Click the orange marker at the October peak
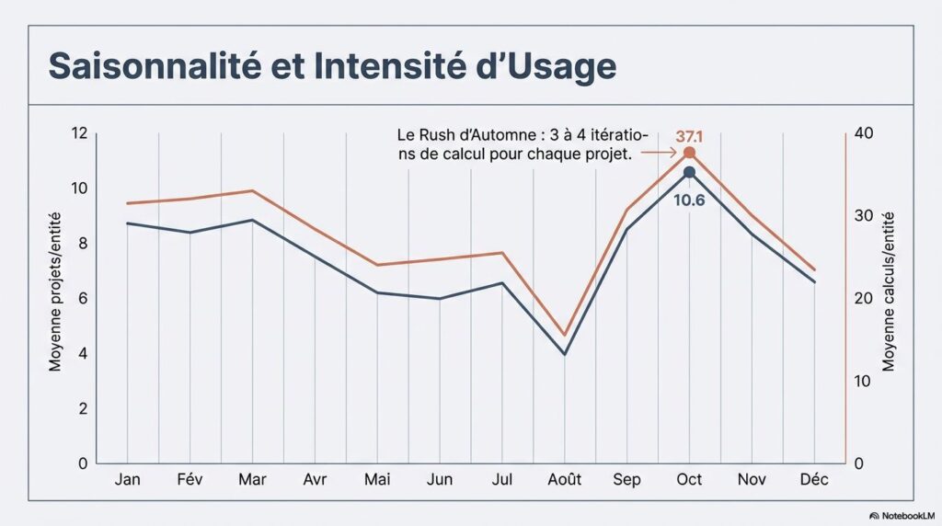tap(689, 153)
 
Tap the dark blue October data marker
tap(689, 172)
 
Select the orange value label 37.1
tap(689, 136)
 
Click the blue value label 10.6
tap(689, 200)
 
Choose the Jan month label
tap(127, 480)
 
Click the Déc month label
tap(814, 480)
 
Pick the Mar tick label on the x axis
tap(252, 480)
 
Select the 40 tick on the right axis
tap(864, 134)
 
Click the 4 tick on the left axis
tap(82, 354)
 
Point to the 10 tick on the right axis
tap(863, 381)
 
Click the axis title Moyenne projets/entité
tap(55, 299)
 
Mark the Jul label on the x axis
tap(501, 480)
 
